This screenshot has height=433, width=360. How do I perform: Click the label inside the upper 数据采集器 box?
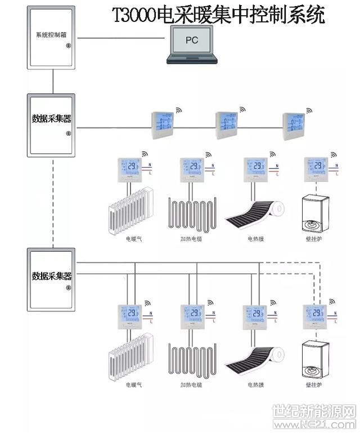pyautogui.click(x=52, y=119)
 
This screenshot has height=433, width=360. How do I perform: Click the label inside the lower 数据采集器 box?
pyautogui.click(x=52, y=276)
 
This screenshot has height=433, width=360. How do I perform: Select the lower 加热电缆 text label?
pyautogui.click(x=191, y=385)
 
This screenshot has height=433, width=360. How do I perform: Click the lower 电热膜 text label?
pyautogui.click(x=256, y=385)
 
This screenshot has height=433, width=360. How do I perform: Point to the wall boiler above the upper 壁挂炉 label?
pyautogui.click(x=314, y=211)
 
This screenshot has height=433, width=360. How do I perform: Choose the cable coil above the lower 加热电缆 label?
pyautogui.click(x=191, y=358)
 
